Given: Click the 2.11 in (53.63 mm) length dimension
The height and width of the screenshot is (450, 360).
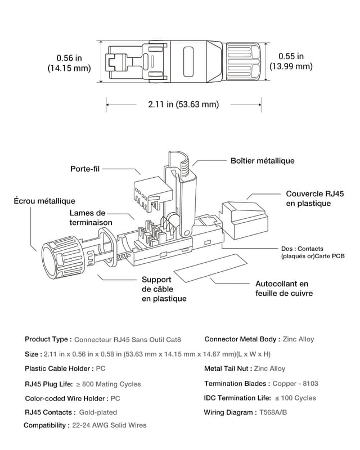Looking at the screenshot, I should point(183,104).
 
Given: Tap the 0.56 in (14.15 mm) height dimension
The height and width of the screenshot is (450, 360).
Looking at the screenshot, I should point(69,62).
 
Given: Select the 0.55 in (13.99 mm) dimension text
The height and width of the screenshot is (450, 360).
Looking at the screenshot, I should point(291,61).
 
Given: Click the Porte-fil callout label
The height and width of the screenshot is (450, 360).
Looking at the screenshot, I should point(85,169).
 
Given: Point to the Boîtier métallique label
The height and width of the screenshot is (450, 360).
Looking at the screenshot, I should point(262,161).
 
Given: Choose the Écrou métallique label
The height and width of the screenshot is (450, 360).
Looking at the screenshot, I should point(44,201).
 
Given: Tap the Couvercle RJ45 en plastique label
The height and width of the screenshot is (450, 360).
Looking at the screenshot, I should point(315,198).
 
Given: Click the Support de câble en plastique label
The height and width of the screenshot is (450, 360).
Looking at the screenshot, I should point(164,289).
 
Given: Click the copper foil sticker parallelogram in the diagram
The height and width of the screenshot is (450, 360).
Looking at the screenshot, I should point(209,268).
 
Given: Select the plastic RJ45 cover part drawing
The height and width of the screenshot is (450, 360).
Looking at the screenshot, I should point(244,218).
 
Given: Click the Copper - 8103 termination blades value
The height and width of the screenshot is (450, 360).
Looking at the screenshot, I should point(295,384).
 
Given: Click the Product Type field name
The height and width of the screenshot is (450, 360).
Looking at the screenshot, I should point(48,339).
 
